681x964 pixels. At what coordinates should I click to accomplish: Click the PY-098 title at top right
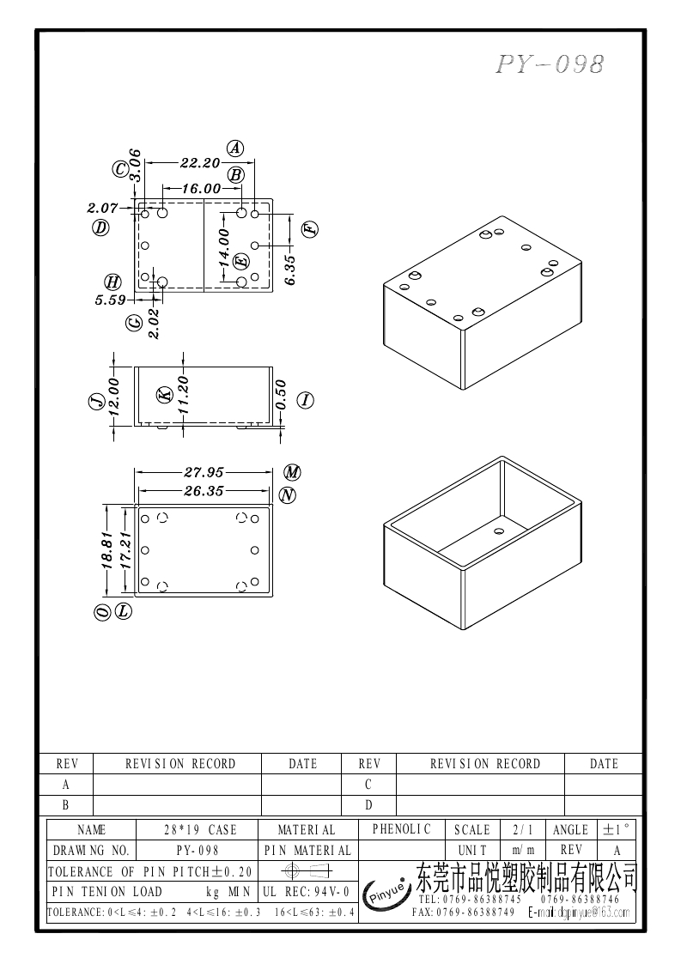(x=550, y=64)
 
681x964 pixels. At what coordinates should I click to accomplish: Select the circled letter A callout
(x=235, y=148)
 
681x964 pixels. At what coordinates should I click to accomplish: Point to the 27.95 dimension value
(x=204, y=471)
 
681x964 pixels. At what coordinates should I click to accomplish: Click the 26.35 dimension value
(x=204, y=491)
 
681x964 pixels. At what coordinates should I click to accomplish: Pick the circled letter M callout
(x=293, y=473)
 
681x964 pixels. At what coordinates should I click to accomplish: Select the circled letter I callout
(x=306, y=399)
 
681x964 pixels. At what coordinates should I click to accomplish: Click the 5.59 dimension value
(x=110, y=300)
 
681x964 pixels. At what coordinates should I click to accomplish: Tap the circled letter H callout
(x=112, y=282)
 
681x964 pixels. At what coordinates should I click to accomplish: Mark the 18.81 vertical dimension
(x=107, y=549)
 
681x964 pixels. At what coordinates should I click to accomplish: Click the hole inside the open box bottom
(x=497, y=531)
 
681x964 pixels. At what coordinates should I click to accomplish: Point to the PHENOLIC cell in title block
(x=401, y=829)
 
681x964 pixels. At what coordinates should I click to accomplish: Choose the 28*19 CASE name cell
(x=200, y=830)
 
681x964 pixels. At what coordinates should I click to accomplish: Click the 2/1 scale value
(x=523, y=830)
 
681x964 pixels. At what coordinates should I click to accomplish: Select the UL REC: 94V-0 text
(x=306, y=892)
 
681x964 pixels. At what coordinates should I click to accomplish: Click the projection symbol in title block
(x=306, y=871)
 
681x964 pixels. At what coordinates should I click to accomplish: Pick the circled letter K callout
(x=165, y=395)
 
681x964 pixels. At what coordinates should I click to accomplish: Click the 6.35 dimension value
(x=289, y=270)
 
